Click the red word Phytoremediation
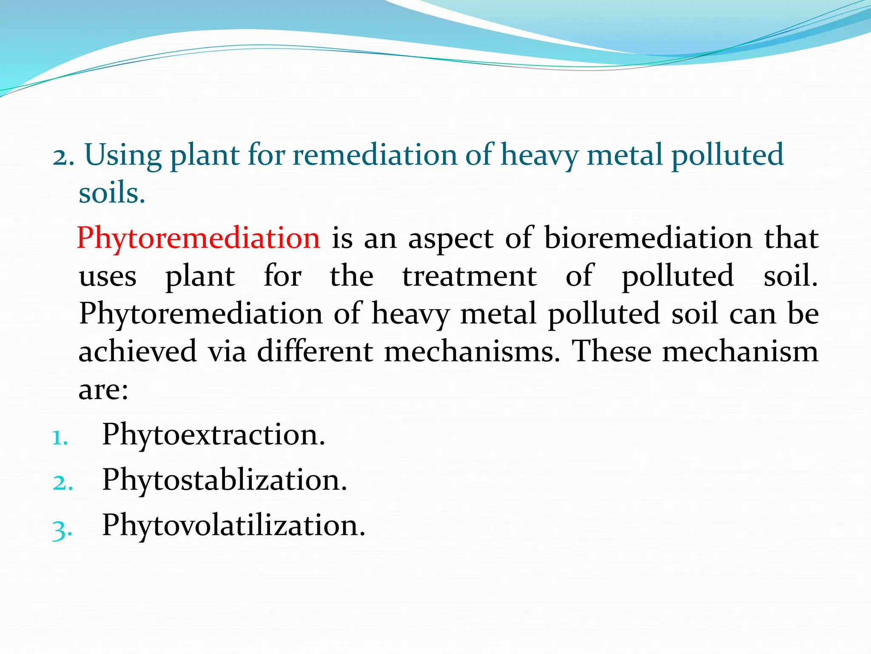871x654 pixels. click(x=198, y=238)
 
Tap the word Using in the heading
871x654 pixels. click(x=123, y=155)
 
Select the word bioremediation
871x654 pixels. click(x=648, y=238)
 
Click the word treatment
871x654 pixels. click(x=470, y=276)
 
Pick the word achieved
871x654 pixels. click(x=138, y=352)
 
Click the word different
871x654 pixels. click(x=315, y=352)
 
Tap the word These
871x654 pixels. click(x=611, y=352)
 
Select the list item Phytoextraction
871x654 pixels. click(x=213, y=435)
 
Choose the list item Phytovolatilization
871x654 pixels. click(x=233, y=526)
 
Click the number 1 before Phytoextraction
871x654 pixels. click(x=60, y=438)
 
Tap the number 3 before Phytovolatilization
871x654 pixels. click(x=62, y=529)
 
